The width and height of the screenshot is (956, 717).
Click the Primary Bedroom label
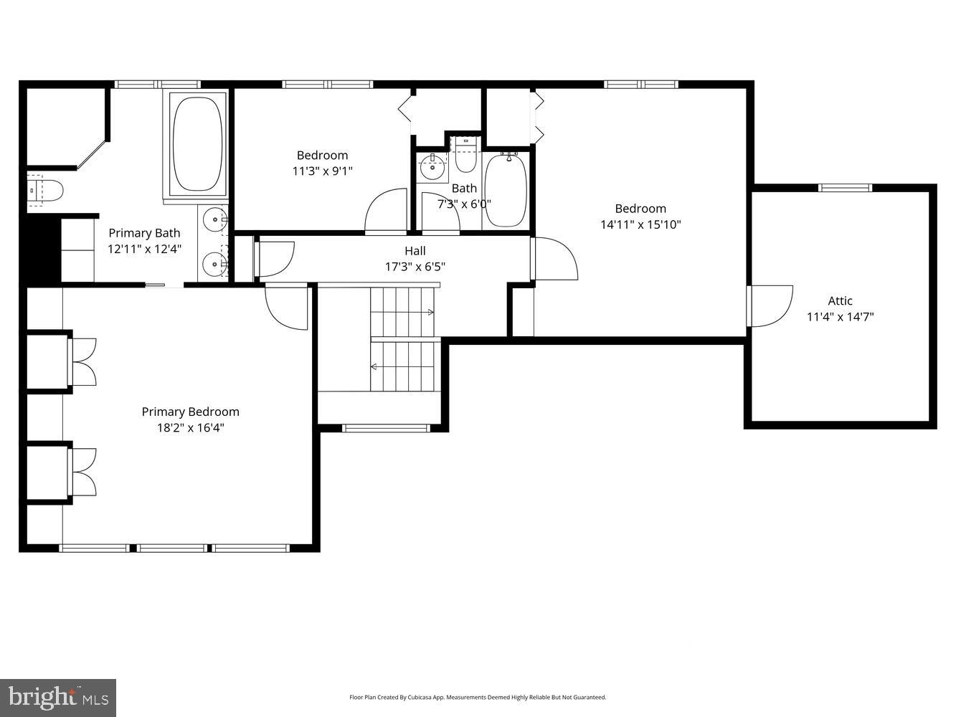point(190,412)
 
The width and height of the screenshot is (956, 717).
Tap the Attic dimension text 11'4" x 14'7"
point(840,317)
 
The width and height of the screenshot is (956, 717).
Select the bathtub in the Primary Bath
point(198,143)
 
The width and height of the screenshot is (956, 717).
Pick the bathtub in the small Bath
point(506,190)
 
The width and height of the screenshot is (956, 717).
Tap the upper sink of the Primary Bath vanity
point(214,217)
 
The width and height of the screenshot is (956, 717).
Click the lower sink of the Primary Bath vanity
point(214,265)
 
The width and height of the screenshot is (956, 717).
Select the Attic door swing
point(770,306)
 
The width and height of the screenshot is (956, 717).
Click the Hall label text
point(415,251)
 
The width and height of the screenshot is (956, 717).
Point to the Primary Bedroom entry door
point(287,307)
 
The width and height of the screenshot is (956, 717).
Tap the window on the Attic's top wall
point(846,188)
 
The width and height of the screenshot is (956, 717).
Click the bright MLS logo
point(58,697)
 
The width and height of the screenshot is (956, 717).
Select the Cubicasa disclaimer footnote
point(478,697)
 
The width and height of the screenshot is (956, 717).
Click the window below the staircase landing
point(386,428)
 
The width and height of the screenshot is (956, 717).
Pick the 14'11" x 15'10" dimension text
point(640,224)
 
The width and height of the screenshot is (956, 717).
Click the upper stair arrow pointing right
point(430,313)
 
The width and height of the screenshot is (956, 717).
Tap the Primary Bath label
point(144,233)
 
